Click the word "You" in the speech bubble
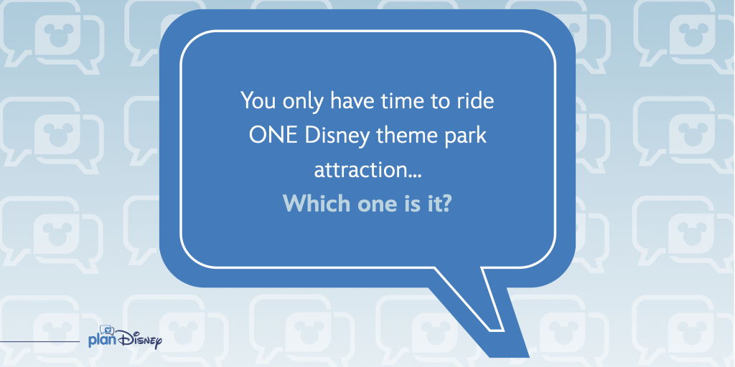(257, 100)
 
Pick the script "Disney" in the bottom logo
(139, 339)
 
